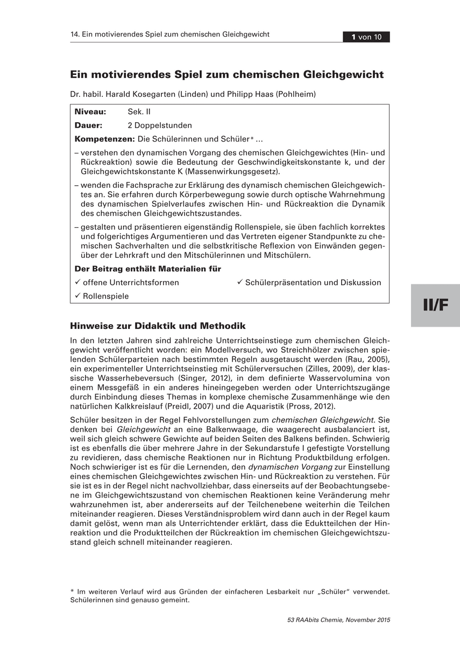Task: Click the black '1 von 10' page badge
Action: click(366, 37)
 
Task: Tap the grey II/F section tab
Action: click(435, 305)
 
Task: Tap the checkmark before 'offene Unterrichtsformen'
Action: click(77, 282)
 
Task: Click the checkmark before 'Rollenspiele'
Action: click(77, 296)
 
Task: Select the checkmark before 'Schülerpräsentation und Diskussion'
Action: click(240, 282)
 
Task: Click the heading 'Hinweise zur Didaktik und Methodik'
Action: click(158, 326)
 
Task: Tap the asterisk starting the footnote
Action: click(72, 591)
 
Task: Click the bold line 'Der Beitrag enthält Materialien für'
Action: click(147, 268)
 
